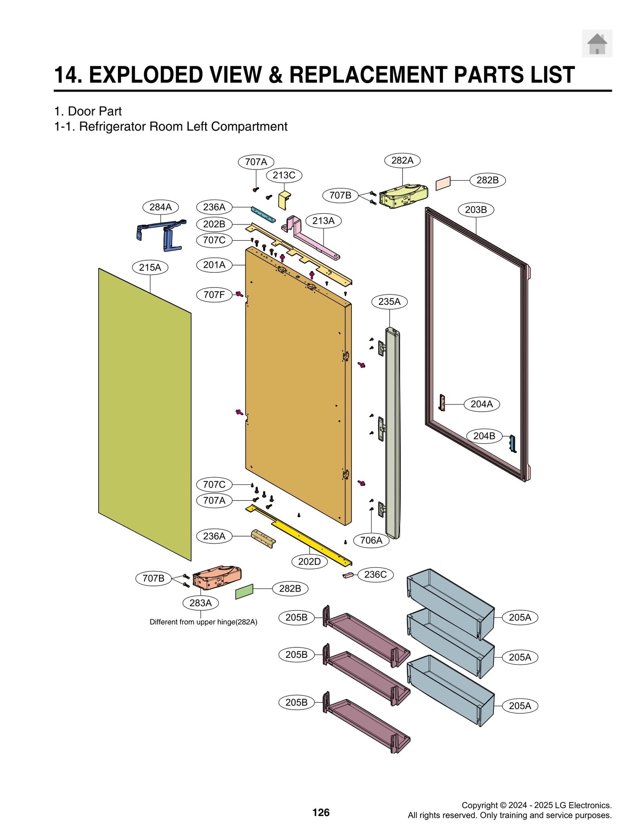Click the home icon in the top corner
pyautogui.click(x=597, y=43)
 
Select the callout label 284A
pyautogui.click(x=160, y=207)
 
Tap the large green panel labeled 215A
pyautogui.click(x=144, y=414)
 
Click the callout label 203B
pyautogui.click(x=475, y=210)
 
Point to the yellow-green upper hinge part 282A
pyautogui.click(x=403, y=196)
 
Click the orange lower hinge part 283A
pyautogui.click(x=217, y=578)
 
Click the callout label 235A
pyautogui.click(x=389, y=302)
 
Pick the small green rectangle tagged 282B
pyautogui.click(x=244, y=591)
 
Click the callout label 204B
pyautogui.click(x=484, y=436)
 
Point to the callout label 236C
pyautogui.click(x=375, y=574)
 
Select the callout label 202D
pyautogui.click(x=309, y=561)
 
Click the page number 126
pyautogui.click(x=321, y=813)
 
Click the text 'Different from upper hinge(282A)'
pyautogui.click(x=203, y=622)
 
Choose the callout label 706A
pyautogui.click(x=371, y=540)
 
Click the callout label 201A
pyautogui.click(x=214, y=265)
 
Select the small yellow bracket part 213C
pyautogui.click(x=284, y=200)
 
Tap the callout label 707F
pyautogui.click(x=214, y=294)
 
